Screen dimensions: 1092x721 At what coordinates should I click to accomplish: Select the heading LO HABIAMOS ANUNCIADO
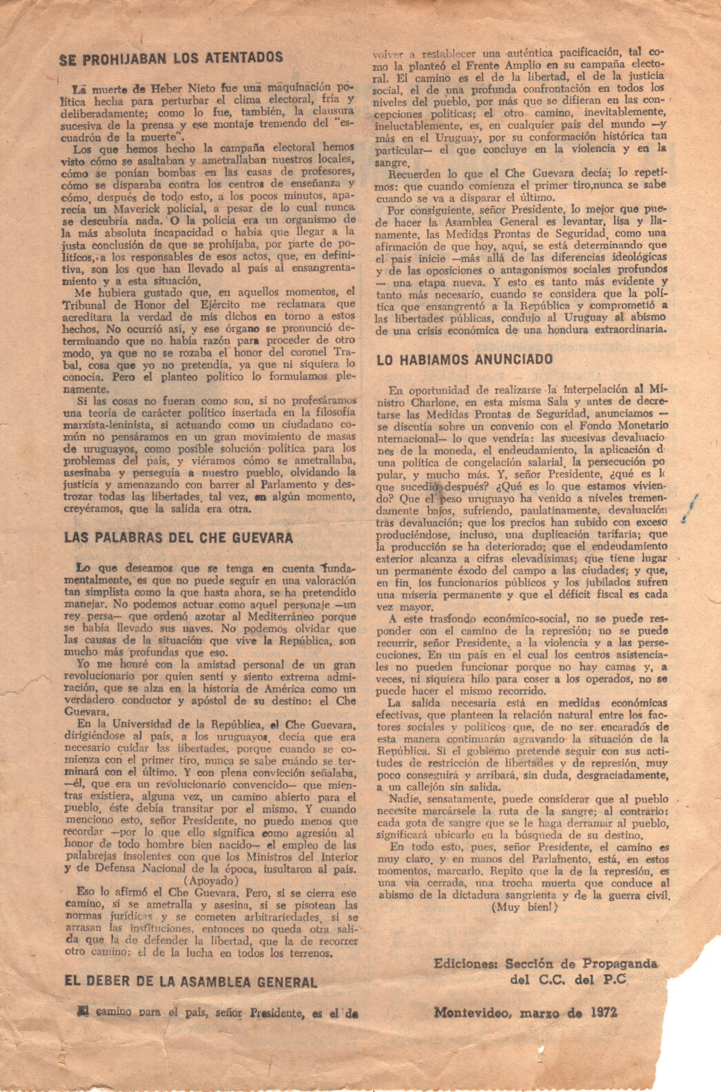[465, 359]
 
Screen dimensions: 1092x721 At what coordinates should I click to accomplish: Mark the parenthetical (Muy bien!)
[525, 908]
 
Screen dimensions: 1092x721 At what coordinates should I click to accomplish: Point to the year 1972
[603, 1013]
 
